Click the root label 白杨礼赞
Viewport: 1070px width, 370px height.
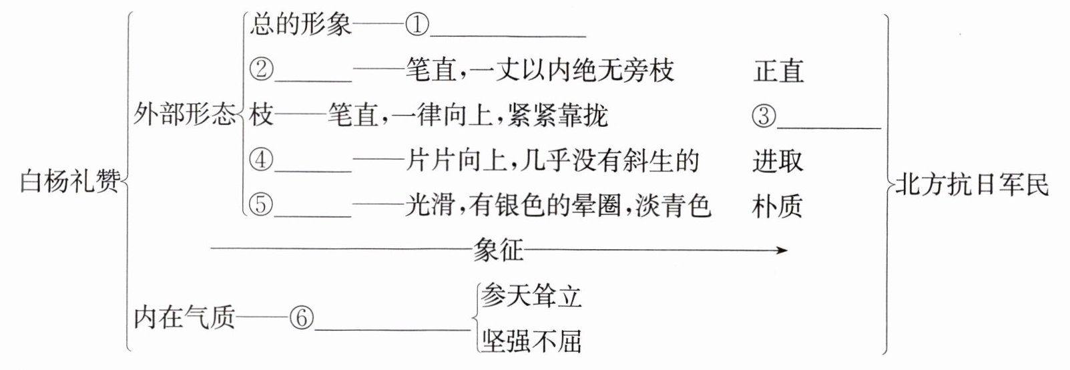coord(70,182)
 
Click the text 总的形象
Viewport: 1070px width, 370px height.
coord(300,26)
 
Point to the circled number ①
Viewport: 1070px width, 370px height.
coord(415,26)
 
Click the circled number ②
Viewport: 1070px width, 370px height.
coord(261,70)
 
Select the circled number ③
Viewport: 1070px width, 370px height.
coord(764,117)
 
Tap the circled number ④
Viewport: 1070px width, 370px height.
coord(261,161)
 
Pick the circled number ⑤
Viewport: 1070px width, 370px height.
coord(261,206)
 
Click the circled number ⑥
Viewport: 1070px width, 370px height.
coord(301,319)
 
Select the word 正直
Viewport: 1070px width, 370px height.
coord(778,71)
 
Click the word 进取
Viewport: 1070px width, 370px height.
coord(778,161)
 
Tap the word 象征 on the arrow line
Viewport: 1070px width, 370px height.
coord(498,250)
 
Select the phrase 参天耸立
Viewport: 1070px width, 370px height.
coord(531,296)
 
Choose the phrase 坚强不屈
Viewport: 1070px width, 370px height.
coord(531,341)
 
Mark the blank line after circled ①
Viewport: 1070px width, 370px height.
coord(507,35)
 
